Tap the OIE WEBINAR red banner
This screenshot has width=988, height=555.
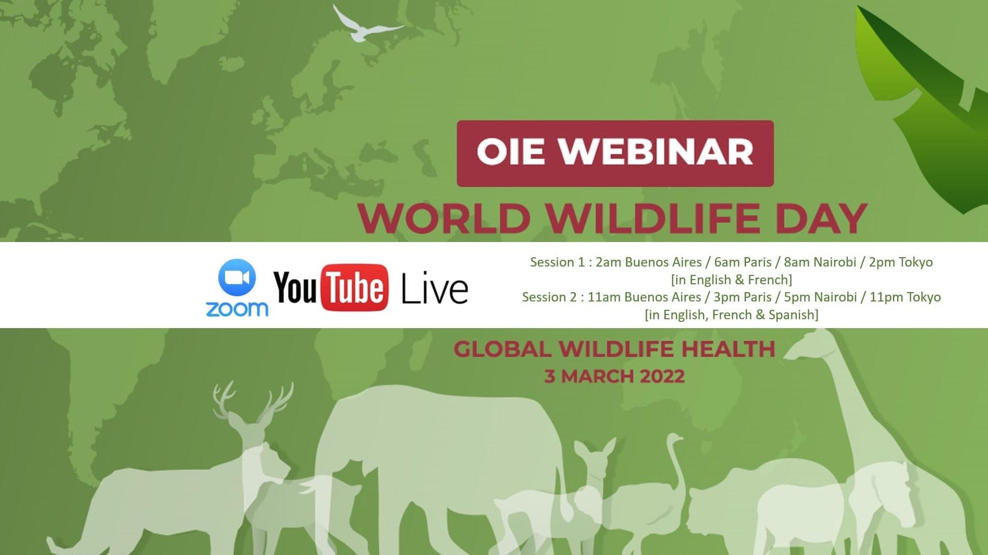615,153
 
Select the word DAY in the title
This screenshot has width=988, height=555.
821,218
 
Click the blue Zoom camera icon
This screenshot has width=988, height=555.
237,277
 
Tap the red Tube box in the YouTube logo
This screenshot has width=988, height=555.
355,288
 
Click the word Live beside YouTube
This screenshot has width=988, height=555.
435,290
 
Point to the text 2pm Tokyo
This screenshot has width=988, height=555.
900,262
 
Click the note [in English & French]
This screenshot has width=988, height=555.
732,280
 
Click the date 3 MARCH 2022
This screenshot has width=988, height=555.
614,376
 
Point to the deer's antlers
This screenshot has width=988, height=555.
253,402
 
